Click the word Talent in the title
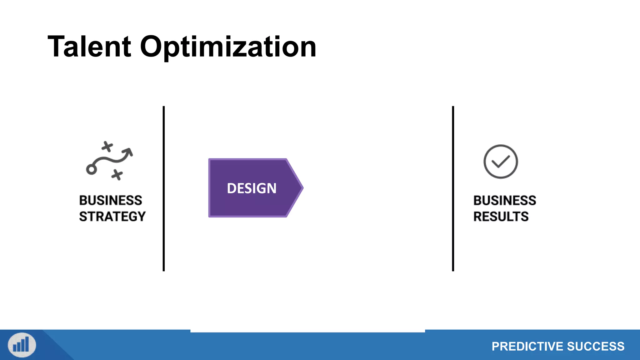click(89, 47)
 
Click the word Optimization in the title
click(228, 47)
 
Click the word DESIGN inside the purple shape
click(252, 188)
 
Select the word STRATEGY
click(112, 217)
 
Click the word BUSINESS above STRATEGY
click(111, 200)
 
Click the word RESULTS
click(501, 217)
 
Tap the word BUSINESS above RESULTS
click(505, 200)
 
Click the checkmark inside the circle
click(501, 162)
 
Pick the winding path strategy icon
click(109, 161)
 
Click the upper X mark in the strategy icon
click(107, 146)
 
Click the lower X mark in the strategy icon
click(117, 175)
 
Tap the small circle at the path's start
click(91, 170)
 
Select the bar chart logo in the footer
click(22, 345)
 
